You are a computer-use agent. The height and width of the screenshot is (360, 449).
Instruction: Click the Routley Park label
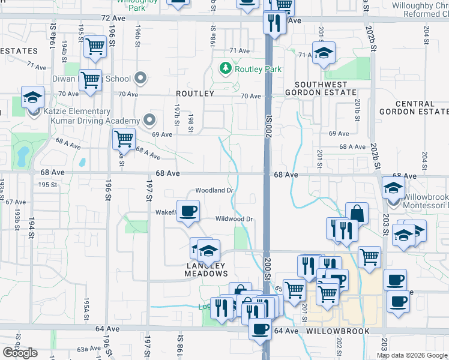[x=258, y=69]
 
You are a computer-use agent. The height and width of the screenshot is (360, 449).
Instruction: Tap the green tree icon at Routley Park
[x=226, y=68]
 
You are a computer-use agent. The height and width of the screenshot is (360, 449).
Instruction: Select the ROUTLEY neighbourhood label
[x=195, y=94]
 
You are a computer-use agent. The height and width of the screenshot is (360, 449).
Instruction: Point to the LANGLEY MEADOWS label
[x=206, y=269]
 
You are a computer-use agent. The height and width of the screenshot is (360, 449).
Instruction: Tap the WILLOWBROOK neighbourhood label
[x=334, y=331]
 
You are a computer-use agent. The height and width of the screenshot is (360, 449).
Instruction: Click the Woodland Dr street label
[x=214, y=190]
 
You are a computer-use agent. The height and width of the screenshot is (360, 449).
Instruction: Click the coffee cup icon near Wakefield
[x=188, y=211]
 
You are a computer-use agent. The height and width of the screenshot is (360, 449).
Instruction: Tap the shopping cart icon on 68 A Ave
[x=124, y=139]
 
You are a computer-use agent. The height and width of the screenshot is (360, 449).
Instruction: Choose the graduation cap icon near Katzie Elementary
[x=32, y=97]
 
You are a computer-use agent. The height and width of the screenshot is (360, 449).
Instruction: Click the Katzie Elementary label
[x=76, y=112]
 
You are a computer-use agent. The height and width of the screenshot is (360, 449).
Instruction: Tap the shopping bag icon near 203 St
[x=357, y=214]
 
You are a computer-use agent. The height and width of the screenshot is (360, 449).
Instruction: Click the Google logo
[x=20, y=353]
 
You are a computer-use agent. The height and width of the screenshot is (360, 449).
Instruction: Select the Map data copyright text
[x=412, y=355]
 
